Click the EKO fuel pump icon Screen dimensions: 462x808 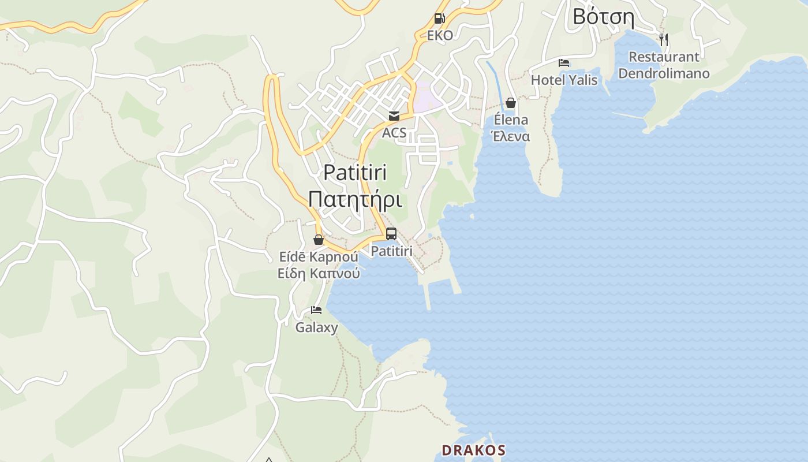tap(439, 18)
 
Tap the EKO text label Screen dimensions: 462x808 tap(440, 35)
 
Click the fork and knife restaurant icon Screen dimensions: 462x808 tap(664, 40)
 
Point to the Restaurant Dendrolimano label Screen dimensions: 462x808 tap(664, 65)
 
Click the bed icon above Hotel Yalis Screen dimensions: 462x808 tap(564, 63)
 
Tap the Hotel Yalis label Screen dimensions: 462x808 tap(564, 80)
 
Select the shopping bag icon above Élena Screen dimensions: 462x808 tap(510, 103)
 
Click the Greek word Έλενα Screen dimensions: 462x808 tap(510, 136)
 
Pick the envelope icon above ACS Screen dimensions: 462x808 tap(394, 116)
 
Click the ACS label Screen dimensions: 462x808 tap(394, 133)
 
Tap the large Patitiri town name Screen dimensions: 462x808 tap(355, 172)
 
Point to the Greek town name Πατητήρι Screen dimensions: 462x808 tap(355, 199)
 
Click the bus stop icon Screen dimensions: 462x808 tap(391, 234)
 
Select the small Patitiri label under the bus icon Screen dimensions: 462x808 tap(391, 251)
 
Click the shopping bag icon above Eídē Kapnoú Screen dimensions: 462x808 tap(318, 240)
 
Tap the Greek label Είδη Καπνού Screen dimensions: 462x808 tap(319, 273)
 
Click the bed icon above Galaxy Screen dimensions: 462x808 tap(316, 310)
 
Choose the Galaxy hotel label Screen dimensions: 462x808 tap(316, 327)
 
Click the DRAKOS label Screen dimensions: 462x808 tap(473, 450)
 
